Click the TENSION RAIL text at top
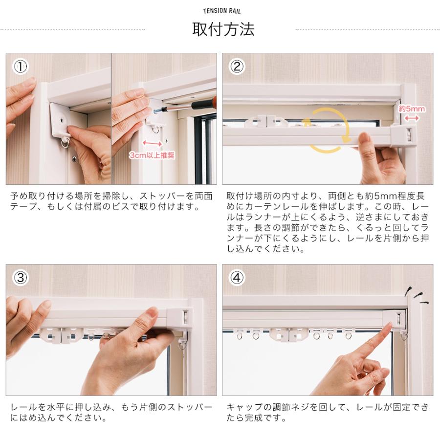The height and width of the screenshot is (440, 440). [x=222, y=11]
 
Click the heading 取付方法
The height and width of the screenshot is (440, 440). [x=223, y=29]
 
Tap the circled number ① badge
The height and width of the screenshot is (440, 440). [x=21, y=67]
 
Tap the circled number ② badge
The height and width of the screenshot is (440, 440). [x=237, y=67]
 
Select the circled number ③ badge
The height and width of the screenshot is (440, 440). [x=21, y=278]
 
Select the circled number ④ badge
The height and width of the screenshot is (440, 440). [x=237, y=278]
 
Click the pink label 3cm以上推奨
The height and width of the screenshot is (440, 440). [x=152, y=155]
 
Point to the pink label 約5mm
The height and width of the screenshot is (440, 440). [x=412, y=109]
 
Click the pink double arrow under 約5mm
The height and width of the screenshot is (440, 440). [x=412, y=118]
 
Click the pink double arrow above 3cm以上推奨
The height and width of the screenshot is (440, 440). [x=153, y=144]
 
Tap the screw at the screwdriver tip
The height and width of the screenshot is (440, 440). [x=157, y=111]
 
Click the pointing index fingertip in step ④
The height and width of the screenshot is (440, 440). [x=389, y=326]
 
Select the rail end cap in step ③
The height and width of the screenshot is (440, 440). [x=180, y=318]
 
